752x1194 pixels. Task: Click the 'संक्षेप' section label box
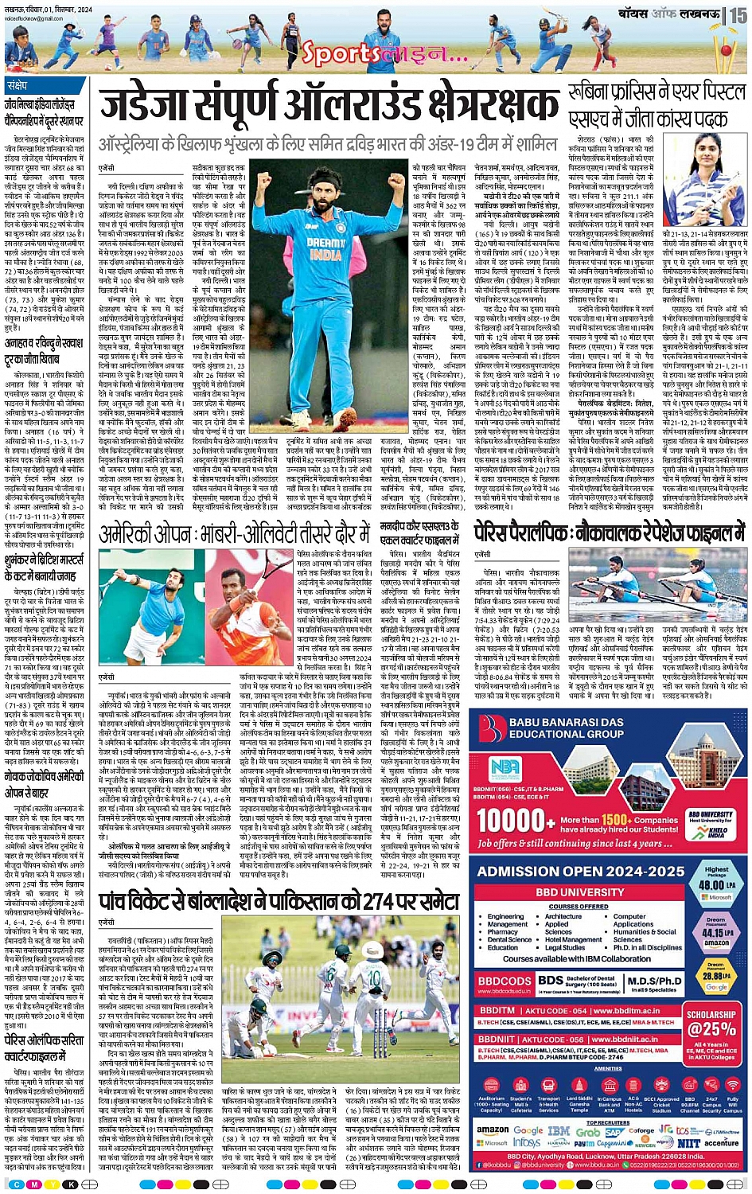coord(17,85)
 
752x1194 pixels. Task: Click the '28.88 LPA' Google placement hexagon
coord(716,976)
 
